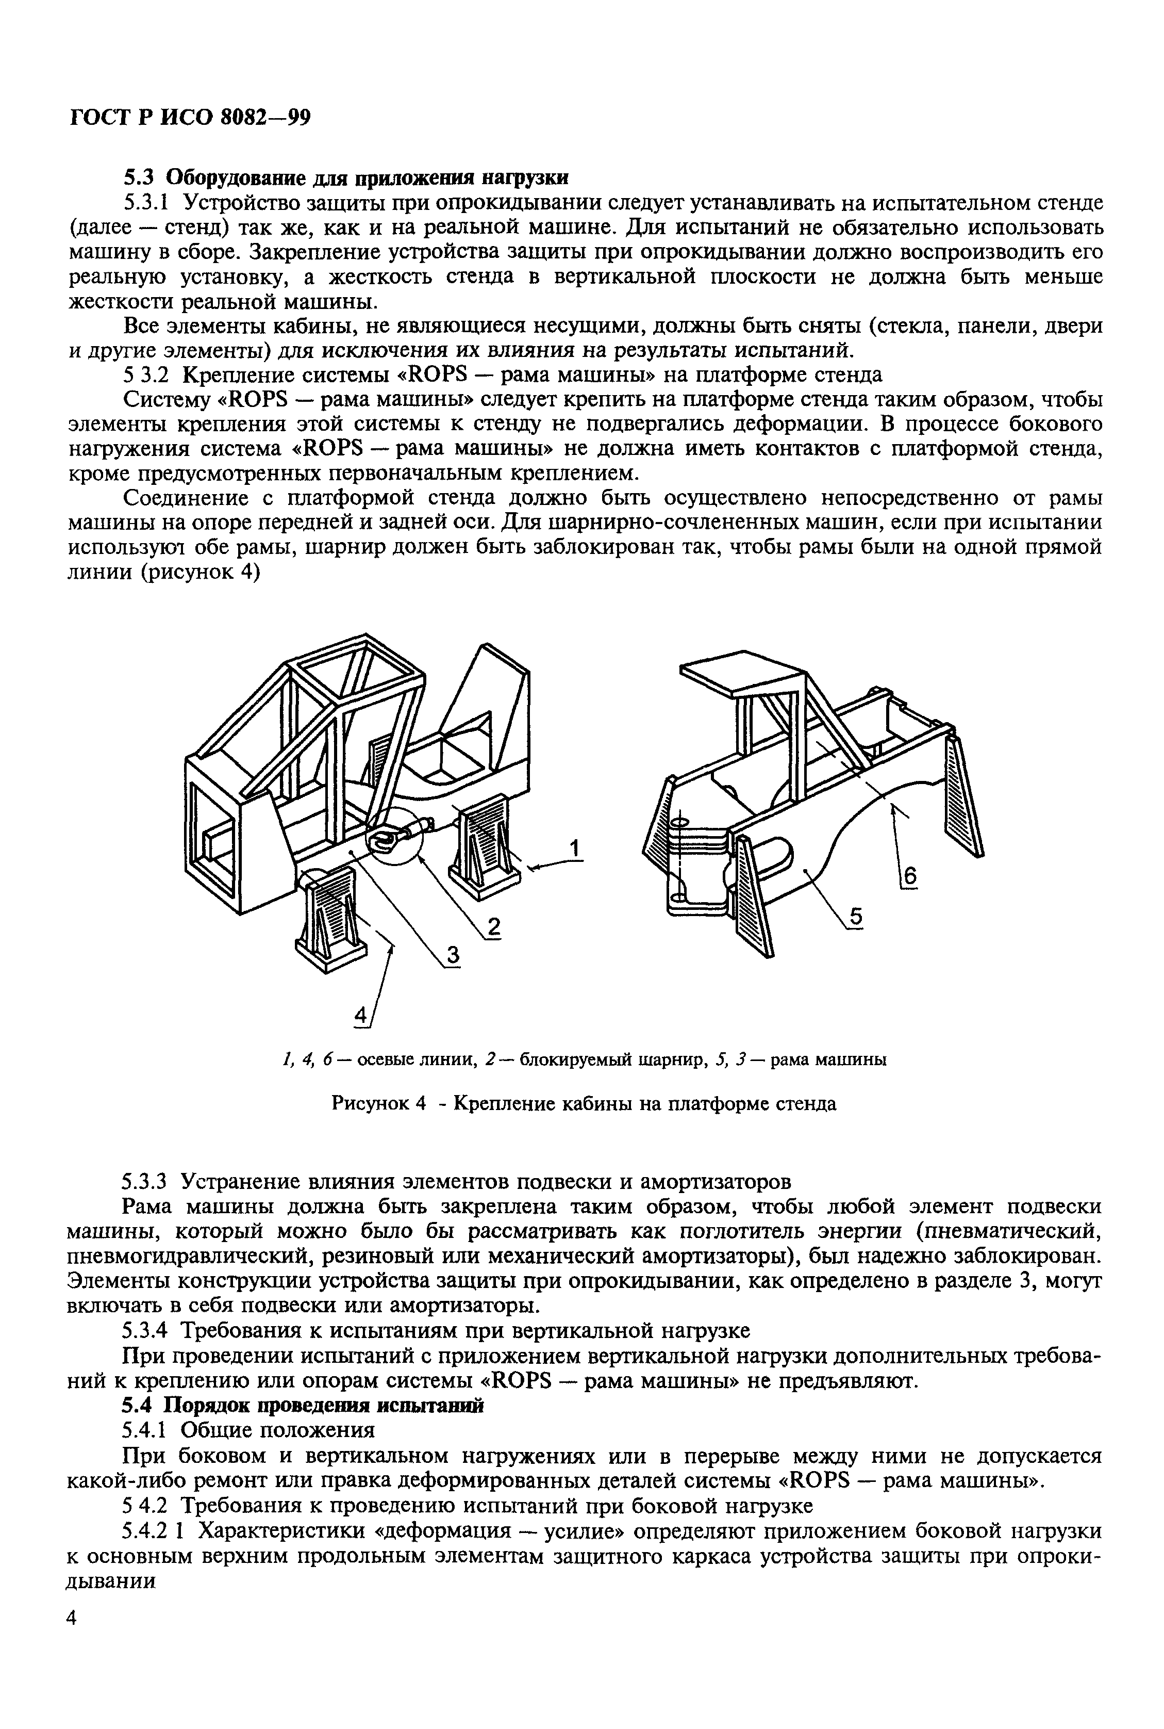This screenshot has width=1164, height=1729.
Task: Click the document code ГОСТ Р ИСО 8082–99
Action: click(189, 117)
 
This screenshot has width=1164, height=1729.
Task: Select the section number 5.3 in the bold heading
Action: click(139, 177)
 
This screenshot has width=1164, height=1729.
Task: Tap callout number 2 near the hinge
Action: click(492, 927)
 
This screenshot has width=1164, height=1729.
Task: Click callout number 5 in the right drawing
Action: click(855, 917)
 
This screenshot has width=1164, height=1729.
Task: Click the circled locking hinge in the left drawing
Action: click(393, 836)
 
